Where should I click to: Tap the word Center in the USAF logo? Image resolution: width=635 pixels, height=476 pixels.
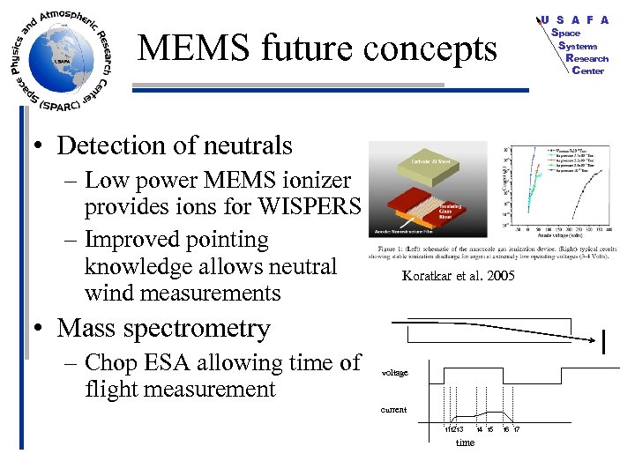click(587, 71)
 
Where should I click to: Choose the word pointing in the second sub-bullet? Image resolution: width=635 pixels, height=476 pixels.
click(223, 241)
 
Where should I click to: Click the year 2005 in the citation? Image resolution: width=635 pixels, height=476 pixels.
click(497, 276)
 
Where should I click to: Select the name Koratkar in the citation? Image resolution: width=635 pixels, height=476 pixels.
click(426, 276)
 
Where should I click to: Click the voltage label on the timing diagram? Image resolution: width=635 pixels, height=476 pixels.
click(394, 373)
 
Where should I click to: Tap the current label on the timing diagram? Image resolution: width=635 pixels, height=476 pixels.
click(393, 410)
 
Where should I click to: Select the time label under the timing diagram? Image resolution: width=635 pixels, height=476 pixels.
click(465, 443)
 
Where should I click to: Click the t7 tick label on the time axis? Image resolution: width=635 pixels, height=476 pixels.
click(518, 429)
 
